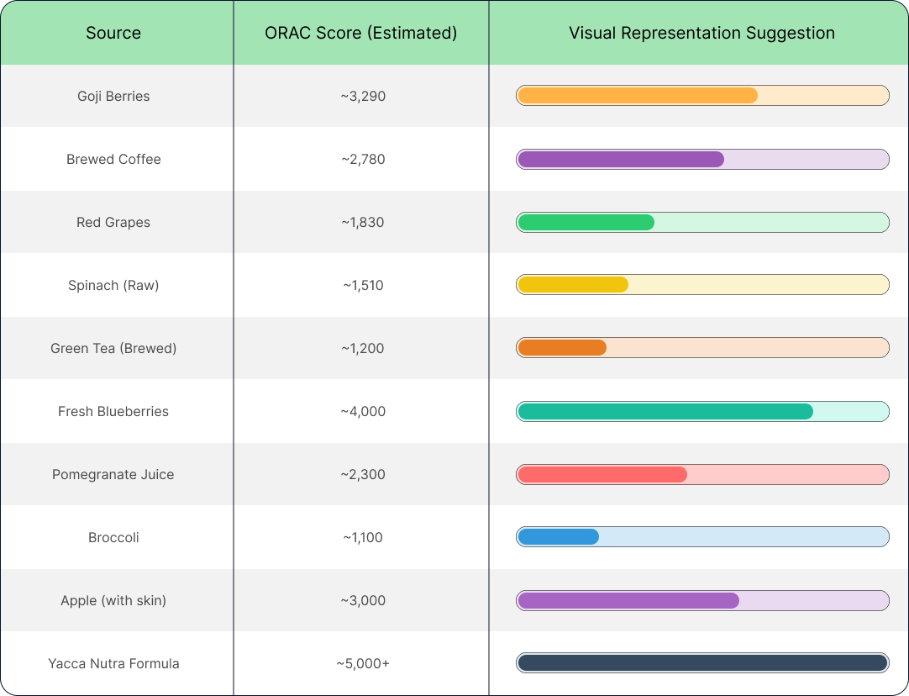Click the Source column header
[x=113, y=34]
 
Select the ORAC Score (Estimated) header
[x=361, y=34]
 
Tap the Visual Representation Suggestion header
[x=701, y=34]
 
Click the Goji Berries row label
[x=113, y=96]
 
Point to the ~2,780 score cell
[x=363, y=159]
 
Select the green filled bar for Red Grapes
[x=586, y=222]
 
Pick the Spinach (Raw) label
[x=113, y=285]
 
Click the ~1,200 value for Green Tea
[x=363, y=348]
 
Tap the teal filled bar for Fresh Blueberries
[x=665, y=411]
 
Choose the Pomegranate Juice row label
[x=113, y=474]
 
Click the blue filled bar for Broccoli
[x=558, y=536]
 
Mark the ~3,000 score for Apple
[x=363, y=600]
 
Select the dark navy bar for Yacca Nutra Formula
[x=702, y=662]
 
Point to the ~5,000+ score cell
[x=363, y=663]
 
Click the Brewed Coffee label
[x=113, y=159]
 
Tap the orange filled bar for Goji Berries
[x=638, y=95]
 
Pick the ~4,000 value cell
[x=363, y=411]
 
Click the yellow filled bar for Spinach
[x=573, y=284]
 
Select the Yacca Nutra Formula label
[x=113, y=663]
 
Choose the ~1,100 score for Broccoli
[x=363, y=537]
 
